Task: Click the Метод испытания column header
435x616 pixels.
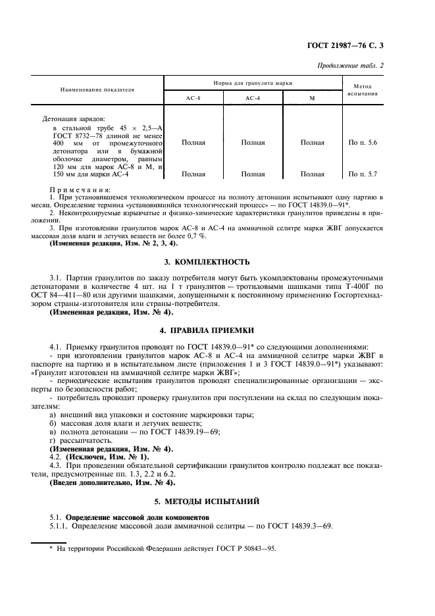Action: point(363,90)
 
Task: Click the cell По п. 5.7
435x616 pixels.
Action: point(363,174)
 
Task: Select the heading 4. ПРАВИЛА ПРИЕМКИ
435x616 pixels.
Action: point(217,329)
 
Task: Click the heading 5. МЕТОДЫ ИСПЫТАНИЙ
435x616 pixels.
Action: point(217,501)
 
